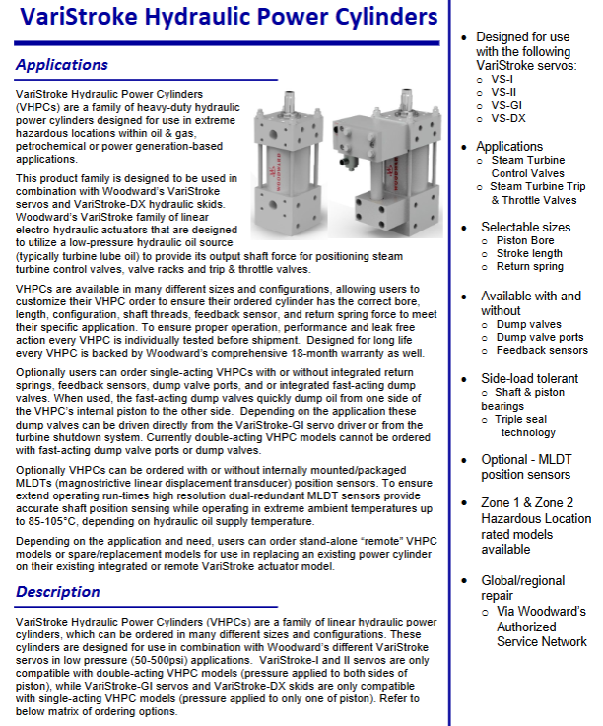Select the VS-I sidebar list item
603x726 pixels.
503,78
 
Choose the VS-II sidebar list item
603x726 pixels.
505,92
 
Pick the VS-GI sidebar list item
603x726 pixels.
509,105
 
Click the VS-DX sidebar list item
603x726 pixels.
510,119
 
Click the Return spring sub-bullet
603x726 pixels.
528,266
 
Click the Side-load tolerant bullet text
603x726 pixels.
529,379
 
